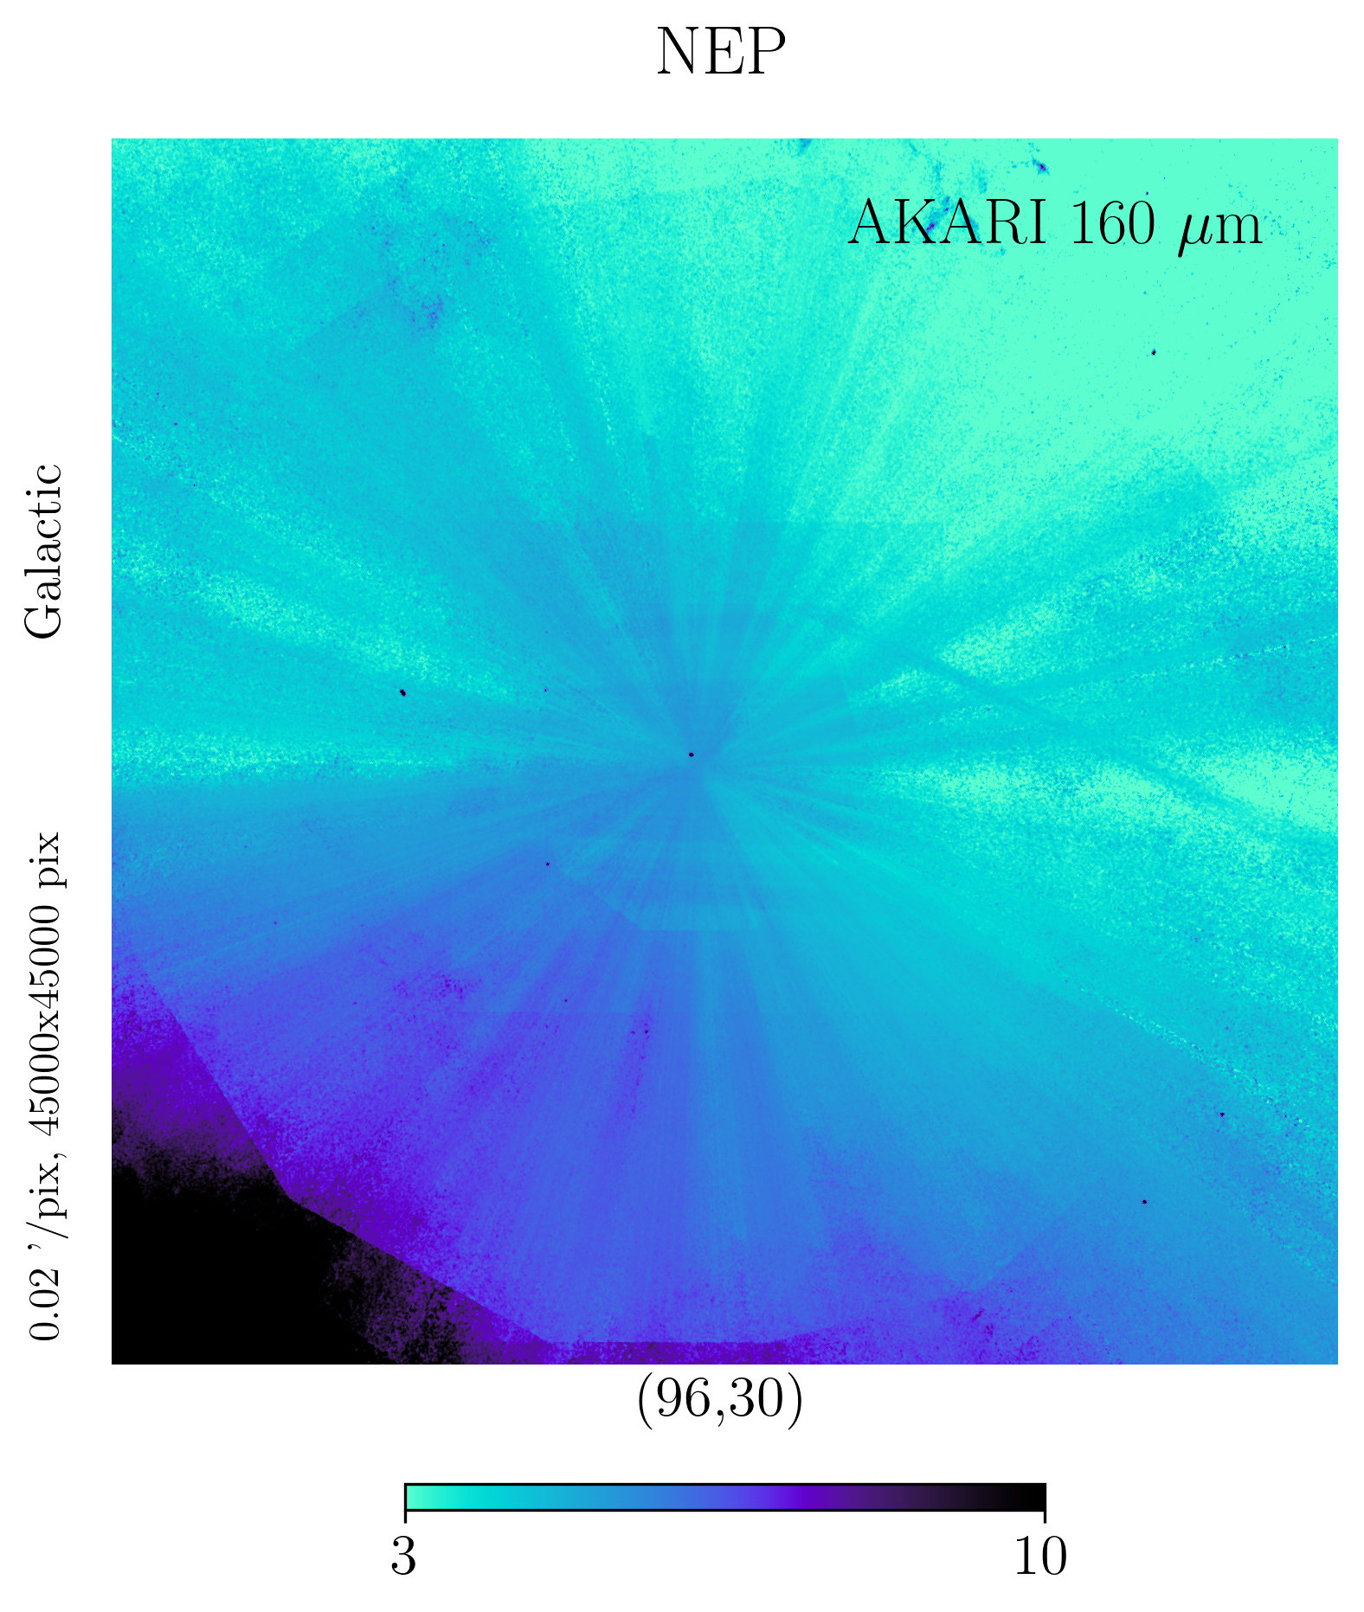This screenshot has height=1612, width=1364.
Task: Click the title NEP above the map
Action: pos(720,53)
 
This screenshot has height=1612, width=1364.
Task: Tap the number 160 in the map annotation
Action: pos(1111,223)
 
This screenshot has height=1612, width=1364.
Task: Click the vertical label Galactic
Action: pos(44,551)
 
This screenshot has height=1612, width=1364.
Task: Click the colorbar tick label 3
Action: pos(404,1556)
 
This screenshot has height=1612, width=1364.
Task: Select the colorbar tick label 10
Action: pos(1041,1556)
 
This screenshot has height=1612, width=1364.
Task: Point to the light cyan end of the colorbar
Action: pos(414,1497)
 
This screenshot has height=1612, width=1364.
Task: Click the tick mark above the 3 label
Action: pos(405,1516)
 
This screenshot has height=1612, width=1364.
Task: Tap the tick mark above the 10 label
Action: pos(1045,1516)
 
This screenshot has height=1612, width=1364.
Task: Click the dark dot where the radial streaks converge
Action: pos(692,755)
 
